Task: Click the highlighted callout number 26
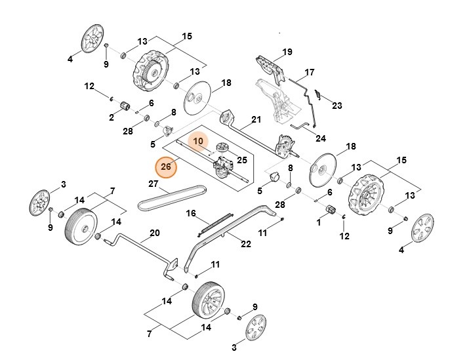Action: [166, 167]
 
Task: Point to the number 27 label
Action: [153, 184]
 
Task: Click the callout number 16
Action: [192, 213]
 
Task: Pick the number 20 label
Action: [155, 233]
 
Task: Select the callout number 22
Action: [246, 244]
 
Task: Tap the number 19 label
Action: [287, 52]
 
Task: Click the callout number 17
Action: [310, 72]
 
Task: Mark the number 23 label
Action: [337, 106]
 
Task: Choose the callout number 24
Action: [320, 138]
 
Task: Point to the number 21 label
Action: [256, 119]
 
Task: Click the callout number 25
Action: [241, 160]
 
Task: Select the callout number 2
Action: [112, 118]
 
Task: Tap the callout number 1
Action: [319, 223]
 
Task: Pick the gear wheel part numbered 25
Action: [222, 147]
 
